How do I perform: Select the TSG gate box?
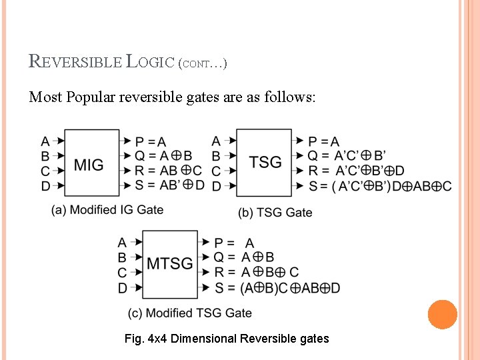click(265, 163)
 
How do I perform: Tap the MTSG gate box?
click(170, 264)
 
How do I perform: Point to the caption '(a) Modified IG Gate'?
click(107, 210)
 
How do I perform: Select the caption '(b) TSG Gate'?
click(275, 213)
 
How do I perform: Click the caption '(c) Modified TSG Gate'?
click(190, 313)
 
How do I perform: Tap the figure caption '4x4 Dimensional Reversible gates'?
click(227, 339)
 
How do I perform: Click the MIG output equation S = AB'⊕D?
click(170, 185)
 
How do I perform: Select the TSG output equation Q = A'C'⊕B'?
click(347, 156)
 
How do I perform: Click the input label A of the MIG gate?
click(45, 141)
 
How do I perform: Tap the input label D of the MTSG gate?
click(122, 288)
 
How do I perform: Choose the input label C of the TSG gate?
click(216, 171)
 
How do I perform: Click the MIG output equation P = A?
click(151, 141)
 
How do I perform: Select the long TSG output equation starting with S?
click(380, 187)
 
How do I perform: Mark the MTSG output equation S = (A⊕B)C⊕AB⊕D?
click(277, 288)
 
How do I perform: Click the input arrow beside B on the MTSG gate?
click(137, 257)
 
